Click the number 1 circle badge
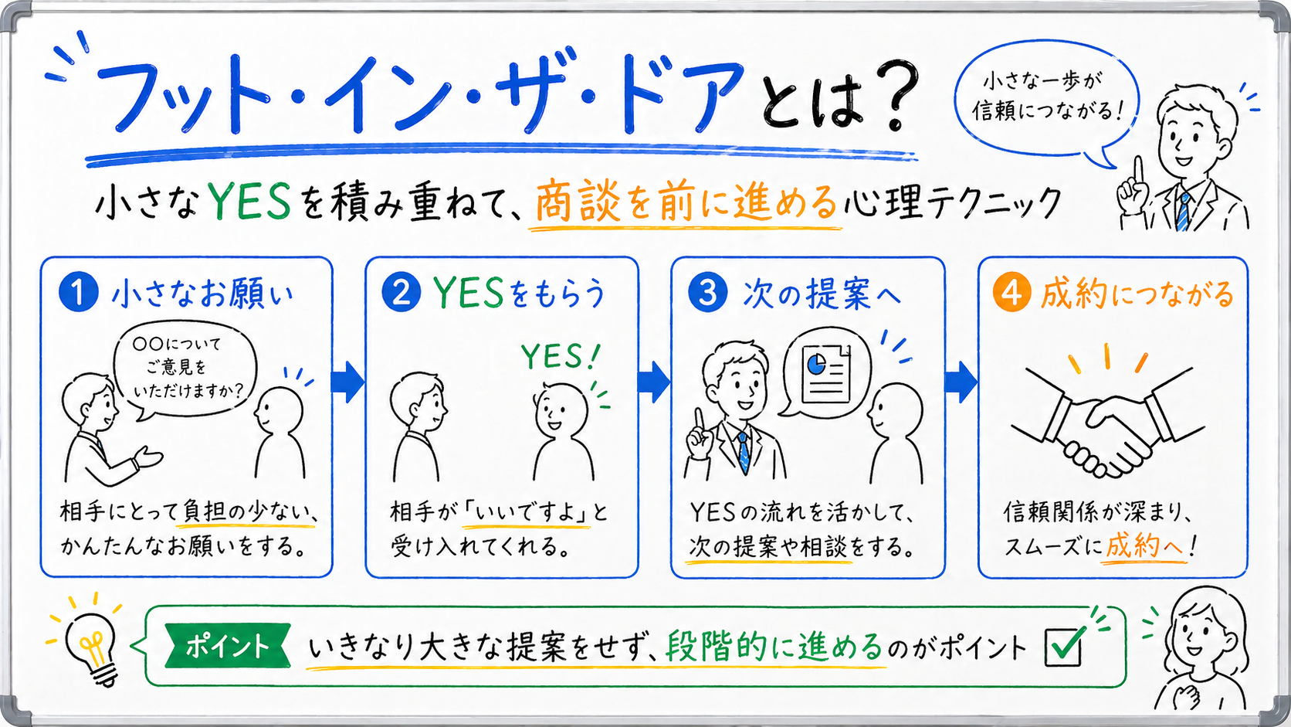tap(78, 294)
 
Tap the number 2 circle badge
tap(402, 294)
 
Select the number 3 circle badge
tap(707, 294)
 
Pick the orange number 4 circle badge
tap(1011, 294)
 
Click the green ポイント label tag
tap(227, 646)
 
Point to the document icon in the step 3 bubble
tap(825, 375)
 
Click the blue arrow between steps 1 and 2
tap(347, 382)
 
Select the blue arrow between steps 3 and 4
tap(961, 382)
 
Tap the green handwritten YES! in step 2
tap(560, 357)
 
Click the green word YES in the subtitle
tap(249, 202)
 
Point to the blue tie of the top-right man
tap(1183, 210)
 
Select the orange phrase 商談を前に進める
tap(686, 202)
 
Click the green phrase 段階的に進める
tap(774, 646)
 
